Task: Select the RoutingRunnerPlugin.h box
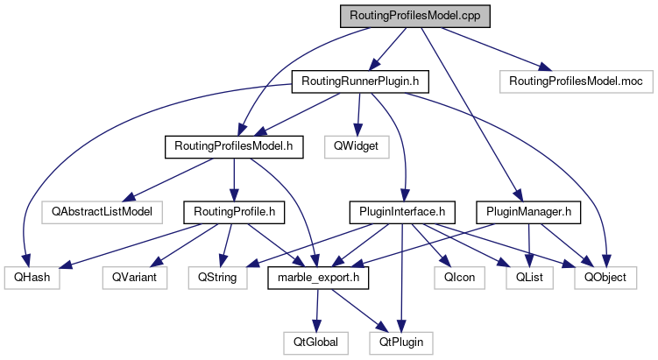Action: [361, 81]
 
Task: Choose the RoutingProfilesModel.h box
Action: [234, 146]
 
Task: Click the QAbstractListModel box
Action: [96, 211]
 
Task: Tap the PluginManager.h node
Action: [528, 211]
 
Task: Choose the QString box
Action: [216, 277]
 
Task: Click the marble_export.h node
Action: [318, 277]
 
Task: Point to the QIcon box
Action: [454, 277]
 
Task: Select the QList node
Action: [527, 277]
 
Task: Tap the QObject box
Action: [601, 277]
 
